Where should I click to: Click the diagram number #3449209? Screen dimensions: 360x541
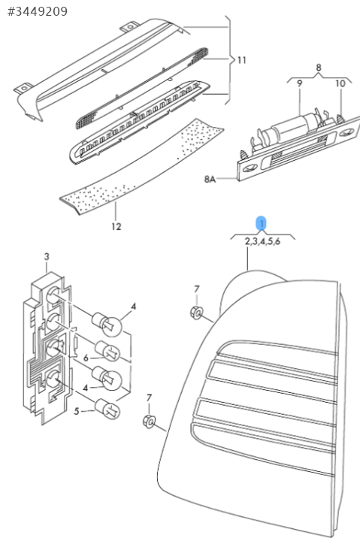pyautogui.click(x=38, y=11)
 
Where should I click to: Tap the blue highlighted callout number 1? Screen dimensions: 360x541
pyautogui.click(x=262, y=224)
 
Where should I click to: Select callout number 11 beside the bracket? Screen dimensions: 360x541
pyautogui.click(x=241, y=60)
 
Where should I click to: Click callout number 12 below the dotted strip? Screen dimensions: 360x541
pyautogui.click(x=116, y=227)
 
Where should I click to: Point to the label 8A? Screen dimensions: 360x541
pyautogui.click(x=210, y=179)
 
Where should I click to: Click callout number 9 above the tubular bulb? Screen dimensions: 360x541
pyautogui.click(x=300, y=83)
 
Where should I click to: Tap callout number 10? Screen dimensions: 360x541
pyautogui.click(x=340, y=83)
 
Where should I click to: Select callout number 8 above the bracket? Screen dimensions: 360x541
pyautogui.click(x=319, y=68)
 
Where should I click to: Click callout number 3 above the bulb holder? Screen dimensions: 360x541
pyautogui.click(x=47, y=256)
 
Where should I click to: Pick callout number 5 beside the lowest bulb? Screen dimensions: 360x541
pyautogui.click(x=77, y=411)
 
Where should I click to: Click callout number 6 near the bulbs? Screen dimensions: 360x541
pyautogui.click(x=86, y=358)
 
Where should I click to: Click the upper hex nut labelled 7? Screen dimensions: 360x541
pyautogui.click(x=196, y=313)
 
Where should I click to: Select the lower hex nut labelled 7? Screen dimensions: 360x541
pyautogui.click(x=149, y=422)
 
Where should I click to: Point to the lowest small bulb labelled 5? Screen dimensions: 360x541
pyautogui.click(x=107, y=408)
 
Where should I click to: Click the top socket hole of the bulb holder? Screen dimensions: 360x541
pyautogui.click(x=53, y=296)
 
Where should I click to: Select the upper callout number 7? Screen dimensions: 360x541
pyautogui.click(x=197, y=289)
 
